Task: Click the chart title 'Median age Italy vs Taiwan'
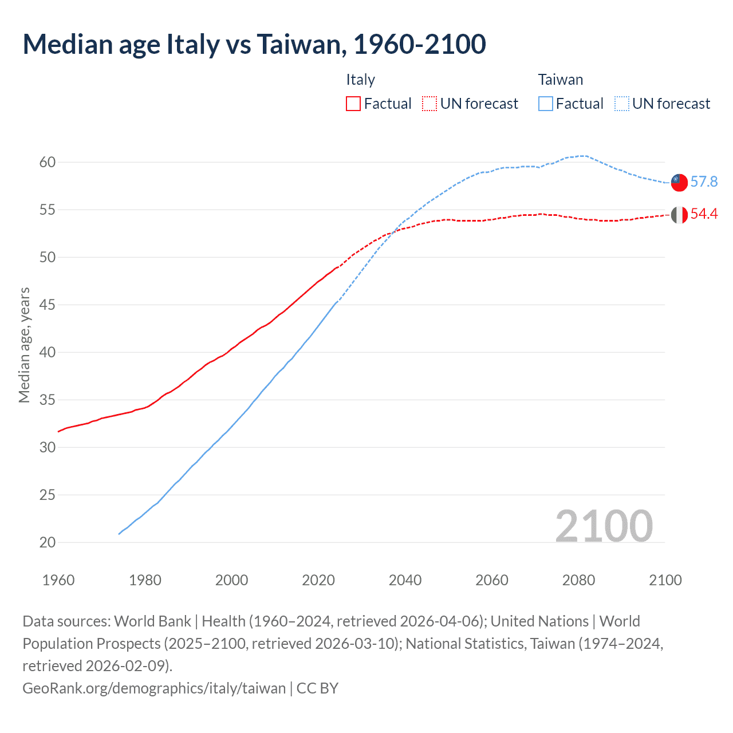(x=254, y=45)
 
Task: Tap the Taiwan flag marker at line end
(x=679, y=183)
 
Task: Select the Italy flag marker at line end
(x=679, y=215)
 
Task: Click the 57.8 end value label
(x=704, y=182)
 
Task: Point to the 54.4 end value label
(x=704, y=214)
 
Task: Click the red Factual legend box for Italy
(x=353, y=104)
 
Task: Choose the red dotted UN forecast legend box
(x=429, y=104)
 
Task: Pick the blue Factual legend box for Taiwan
(x=546, y=104)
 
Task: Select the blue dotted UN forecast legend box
(x=621, y=104)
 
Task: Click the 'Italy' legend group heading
(x=360, y=80)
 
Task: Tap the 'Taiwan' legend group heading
(x=560, y=80)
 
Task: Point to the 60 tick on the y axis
(x=48, y=163)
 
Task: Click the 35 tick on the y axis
(x=48, y=400)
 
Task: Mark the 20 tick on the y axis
(x=48, y=542)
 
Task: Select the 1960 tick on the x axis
(x=58, y=580)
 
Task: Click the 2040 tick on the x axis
(x=405, y=580)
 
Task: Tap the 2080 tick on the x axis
(x=578, y=580)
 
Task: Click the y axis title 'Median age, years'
(x=24, y=345)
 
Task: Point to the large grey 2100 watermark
(x=604, y=526)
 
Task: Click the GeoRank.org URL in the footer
(x=153, y=688)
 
